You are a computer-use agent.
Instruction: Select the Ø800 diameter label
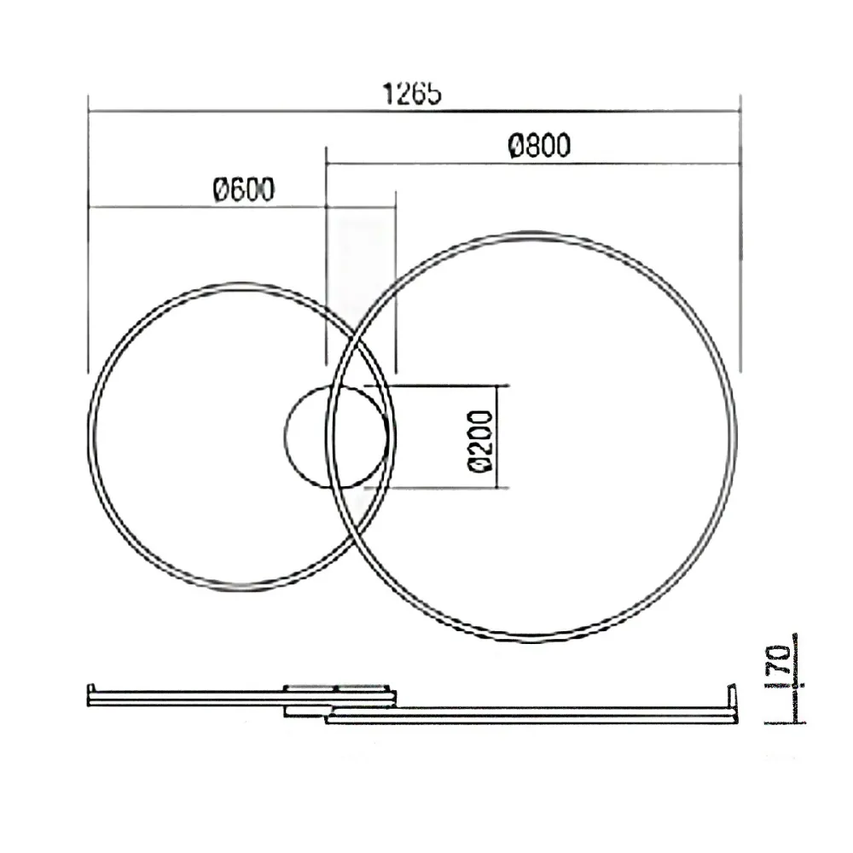point(537,147)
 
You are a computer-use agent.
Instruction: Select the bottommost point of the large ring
point(532,639)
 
